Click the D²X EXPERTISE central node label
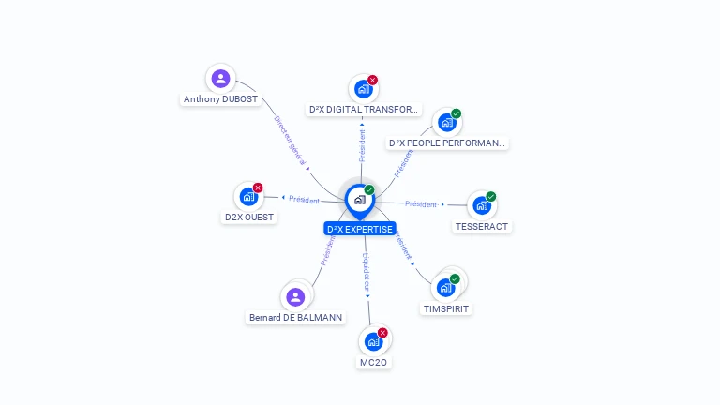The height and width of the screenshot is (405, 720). pyautogui.click(x=360, y=229)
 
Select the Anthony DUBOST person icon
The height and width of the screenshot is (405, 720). pyautogui.click(x=220, y=79)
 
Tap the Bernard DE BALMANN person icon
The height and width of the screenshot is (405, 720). pyautogui.click(x=295, y=297)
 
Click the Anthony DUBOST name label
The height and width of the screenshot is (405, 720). pyautogui.click(x=220, y=99)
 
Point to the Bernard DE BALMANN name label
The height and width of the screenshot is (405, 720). pyautogui.click(x=295, y=318)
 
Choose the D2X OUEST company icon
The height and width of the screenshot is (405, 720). pyautogui.click(x=248, y=196)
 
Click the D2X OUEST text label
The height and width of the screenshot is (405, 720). pyautogui.click(x=248, y=217)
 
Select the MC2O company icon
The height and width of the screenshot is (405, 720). pyautogui.click(x=373, y=341)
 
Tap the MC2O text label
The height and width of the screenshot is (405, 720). pyautogui.click(x=373, y=362)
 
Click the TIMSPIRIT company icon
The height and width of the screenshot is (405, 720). pyautogui.click(x=446, y=287)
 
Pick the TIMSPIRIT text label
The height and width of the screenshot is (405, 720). pyautogui.click(x=446, y=308)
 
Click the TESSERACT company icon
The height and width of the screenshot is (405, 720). pyautogui.click(x=482, y=205)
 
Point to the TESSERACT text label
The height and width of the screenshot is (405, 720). pyautogui.click(x=482, y=226)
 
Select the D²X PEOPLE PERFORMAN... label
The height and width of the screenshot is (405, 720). pyautogui.click(x=447, y=143)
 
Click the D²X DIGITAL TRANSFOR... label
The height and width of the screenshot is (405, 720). pyautogui.click(x=363, y=110)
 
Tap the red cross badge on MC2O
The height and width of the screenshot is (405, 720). pyautogui.click(x=382, y=333)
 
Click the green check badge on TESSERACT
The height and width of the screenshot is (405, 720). pyautogui.click(x=491, y=197)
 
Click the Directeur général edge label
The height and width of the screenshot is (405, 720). pyautogui.click(x=290, y=141)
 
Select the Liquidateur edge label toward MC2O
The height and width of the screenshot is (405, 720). pyautogui.click(x=367, y=271)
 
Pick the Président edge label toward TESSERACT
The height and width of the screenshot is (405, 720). pyautogui.click(x=421, y=203)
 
